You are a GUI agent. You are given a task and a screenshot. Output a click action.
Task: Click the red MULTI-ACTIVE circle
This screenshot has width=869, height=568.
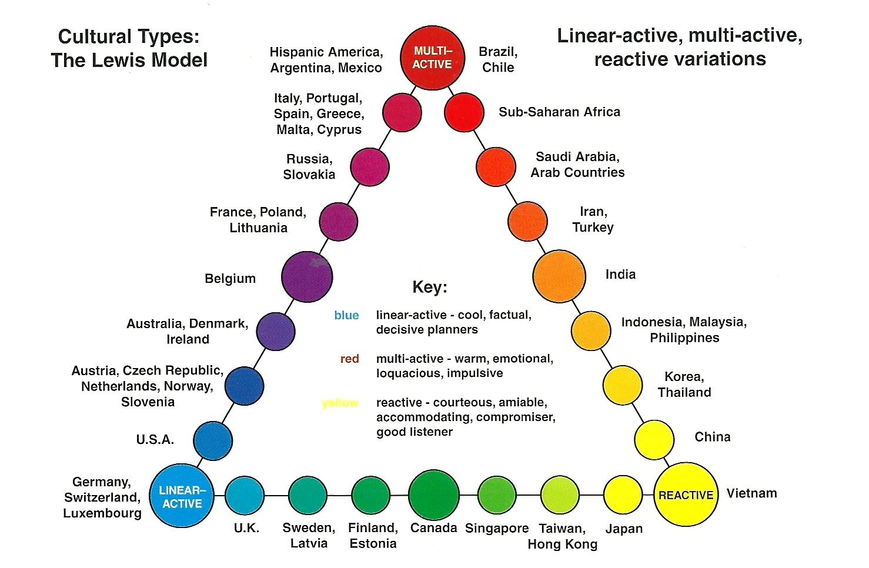[432, 58]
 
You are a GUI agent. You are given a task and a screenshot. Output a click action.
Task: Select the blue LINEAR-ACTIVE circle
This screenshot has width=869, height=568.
[182, 496]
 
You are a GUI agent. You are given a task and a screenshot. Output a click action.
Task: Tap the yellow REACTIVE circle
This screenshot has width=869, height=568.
[686, 495]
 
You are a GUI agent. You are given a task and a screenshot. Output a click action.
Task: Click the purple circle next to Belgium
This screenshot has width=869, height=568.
[307, 276]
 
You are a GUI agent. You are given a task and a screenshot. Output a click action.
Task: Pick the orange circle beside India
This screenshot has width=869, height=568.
[559, 276]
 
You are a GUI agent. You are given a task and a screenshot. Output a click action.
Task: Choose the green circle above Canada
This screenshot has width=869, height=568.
[434, 495]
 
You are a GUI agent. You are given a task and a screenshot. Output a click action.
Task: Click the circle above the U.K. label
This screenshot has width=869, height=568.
[245, 496]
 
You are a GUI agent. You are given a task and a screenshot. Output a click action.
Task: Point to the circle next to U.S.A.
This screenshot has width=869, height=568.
[213, 441]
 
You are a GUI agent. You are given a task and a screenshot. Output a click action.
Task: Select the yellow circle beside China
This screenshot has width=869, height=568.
[654, 440]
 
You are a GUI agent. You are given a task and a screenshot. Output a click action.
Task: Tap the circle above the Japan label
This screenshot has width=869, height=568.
[623, 495]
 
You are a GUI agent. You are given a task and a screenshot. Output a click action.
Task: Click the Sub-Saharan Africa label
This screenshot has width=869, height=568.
[559, 112]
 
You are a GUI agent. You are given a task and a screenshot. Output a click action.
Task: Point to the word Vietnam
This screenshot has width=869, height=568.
[752, 493]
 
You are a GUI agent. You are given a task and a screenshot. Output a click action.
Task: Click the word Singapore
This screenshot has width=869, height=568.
[497, 529]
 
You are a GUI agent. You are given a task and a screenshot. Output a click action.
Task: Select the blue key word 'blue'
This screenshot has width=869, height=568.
[346, 315]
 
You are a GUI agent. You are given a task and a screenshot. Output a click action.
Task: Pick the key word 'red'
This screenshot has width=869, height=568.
[349, 359]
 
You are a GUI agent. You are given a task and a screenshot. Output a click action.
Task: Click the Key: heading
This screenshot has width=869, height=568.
[430, 287]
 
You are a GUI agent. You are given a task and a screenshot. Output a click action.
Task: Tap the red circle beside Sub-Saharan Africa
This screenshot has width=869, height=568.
[464, 112]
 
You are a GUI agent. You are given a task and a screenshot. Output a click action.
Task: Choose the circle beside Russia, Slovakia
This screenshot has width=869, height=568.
[370, 167]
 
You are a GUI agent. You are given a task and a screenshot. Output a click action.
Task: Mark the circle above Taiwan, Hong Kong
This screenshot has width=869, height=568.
[560, 495]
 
